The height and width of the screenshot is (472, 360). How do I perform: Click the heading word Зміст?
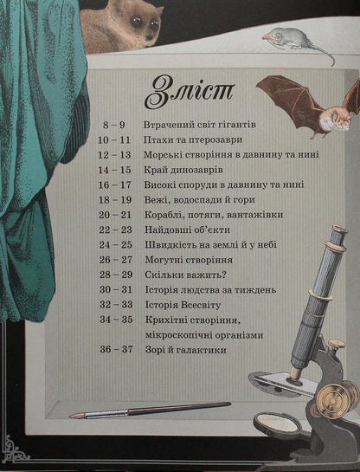pos(190,91)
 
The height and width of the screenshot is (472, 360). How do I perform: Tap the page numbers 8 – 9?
pos(113,125)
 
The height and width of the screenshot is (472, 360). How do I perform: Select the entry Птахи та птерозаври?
pos(193,140)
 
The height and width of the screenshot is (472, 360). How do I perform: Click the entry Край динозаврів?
pos(183,170)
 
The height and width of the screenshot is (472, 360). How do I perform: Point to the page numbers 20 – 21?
pos(115,215)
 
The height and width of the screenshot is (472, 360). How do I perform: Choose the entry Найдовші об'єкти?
pos(188,230)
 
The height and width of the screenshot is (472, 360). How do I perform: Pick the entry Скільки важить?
pos(185,275)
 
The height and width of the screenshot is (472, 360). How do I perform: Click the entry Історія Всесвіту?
pos(183,305)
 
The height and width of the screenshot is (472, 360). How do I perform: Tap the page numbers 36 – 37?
pos(116,350)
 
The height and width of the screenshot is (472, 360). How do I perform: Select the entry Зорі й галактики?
pos(186,350)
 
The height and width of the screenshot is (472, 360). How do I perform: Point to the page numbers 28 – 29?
pos(116,275)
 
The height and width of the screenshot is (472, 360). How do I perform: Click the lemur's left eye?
pos(137,21)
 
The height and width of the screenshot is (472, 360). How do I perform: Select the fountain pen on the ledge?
pos(150,410)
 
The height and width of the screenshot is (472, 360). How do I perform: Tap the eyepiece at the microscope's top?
pos(338,231)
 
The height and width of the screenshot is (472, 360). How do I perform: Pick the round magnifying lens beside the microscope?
pos(276,427)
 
